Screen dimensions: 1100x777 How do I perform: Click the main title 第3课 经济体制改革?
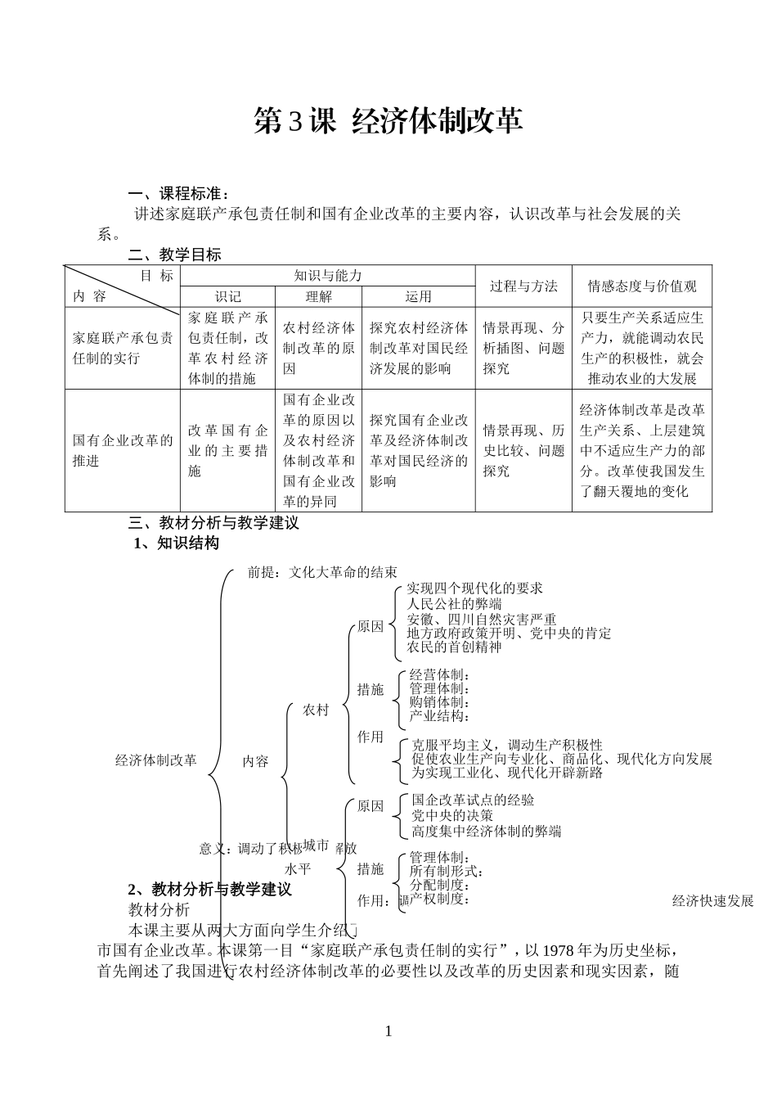click(x=388, y=121)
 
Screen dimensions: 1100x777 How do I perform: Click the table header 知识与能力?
click(x=327, y=276)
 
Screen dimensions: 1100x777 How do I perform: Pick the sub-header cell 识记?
click(x=227, y=296)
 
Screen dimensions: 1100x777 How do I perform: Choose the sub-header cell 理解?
click(x=318, y=296)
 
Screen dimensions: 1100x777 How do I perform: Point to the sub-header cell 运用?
click(x=418, y=296)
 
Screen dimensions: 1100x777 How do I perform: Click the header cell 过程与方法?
click(x=523, y=286)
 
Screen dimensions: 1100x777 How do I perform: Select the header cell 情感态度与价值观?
click(x=642, y=286)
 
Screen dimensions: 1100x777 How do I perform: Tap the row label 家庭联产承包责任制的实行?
click(x=123, y=348)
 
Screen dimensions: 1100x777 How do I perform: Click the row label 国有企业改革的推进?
click(x=123, y=450)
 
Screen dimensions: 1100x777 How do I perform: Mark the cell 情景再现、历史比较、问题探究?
click(x=523, y=450)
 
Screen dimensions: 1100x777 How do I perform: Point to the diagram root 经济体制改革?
click(x=156, y=760)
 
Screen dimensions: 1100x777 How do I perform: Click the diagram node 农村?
click(x=316, y=710)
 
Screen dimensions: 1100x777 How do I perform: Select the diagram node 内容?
click(x=255, y=761)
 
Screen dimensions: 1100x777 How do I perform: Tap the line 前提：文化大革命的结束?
click(x=322, y=572)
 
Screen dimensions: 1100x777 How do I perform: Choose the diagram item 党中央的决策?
click(x=452, y=815)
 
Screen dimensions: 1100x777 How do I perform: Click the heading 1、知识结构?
click(x=177, y=543)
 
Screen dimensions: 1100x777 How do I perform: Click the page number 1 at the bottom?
click(x=388, y=1031)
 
